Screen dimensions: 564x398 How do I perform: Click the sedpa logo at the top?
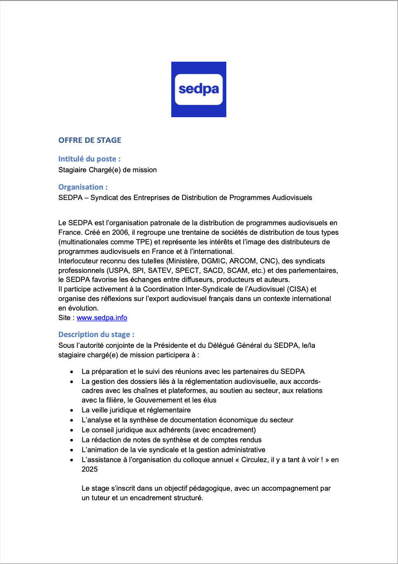coord(199,89)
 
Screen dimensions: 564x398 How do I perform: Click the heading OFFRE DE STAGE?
coord(90,140)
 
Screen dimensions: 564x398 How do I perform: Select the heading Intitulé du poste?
coord(89,159)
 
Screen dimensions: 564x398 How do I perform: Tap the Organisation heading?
coord(83,187)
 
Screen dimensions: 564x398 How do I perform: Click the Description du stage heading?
coord(96,335)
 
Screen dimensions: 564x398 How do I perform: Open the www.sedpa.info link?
coord(102,318)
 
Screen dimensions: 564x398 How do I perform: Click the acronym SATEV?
coord(159,270)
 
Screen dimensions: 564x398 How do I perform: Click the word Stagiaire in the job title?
coord(72,170)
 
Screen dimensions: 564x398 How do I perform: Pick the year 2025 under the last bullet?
coord(89,469)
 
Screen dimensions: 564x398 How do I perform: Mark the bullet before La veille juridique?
coord(72,410)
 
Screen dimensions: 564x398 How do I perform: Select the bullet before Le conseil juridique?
coord(72,430)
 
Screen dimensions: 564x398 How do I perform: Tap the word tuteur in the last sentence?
coord(101,498)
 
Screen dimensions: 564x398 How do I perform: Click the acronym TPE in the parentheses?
coord(143,242)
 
